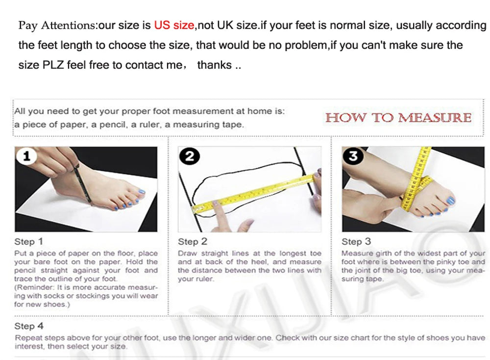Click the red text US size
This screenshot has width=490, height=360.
click(x=174, y=25)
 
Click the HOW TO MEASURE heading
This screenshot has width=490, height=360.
click(x=398, y=118)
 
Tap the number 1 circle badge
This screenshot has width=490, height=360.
click(x=26, y=156)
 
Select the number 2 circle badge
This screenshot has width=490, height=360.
click(x=190, y=156)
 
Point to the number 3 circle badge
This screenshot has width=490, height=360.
click(x=353, y=156)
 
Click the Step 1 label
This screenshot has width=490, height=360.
click(x=28, y=241)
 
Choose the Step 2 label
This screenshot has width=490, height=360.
click(x=193, y=241)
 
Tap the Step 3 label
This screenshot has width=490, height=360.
click(x=356, y=241)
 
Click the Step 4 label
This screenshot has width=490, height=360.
click(x=29, y=326)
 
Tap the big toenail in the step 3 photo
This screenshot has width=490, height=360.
click(x=450, y=200)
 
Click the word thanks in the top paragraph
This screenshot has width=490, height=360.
click(x=215, y=65)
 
